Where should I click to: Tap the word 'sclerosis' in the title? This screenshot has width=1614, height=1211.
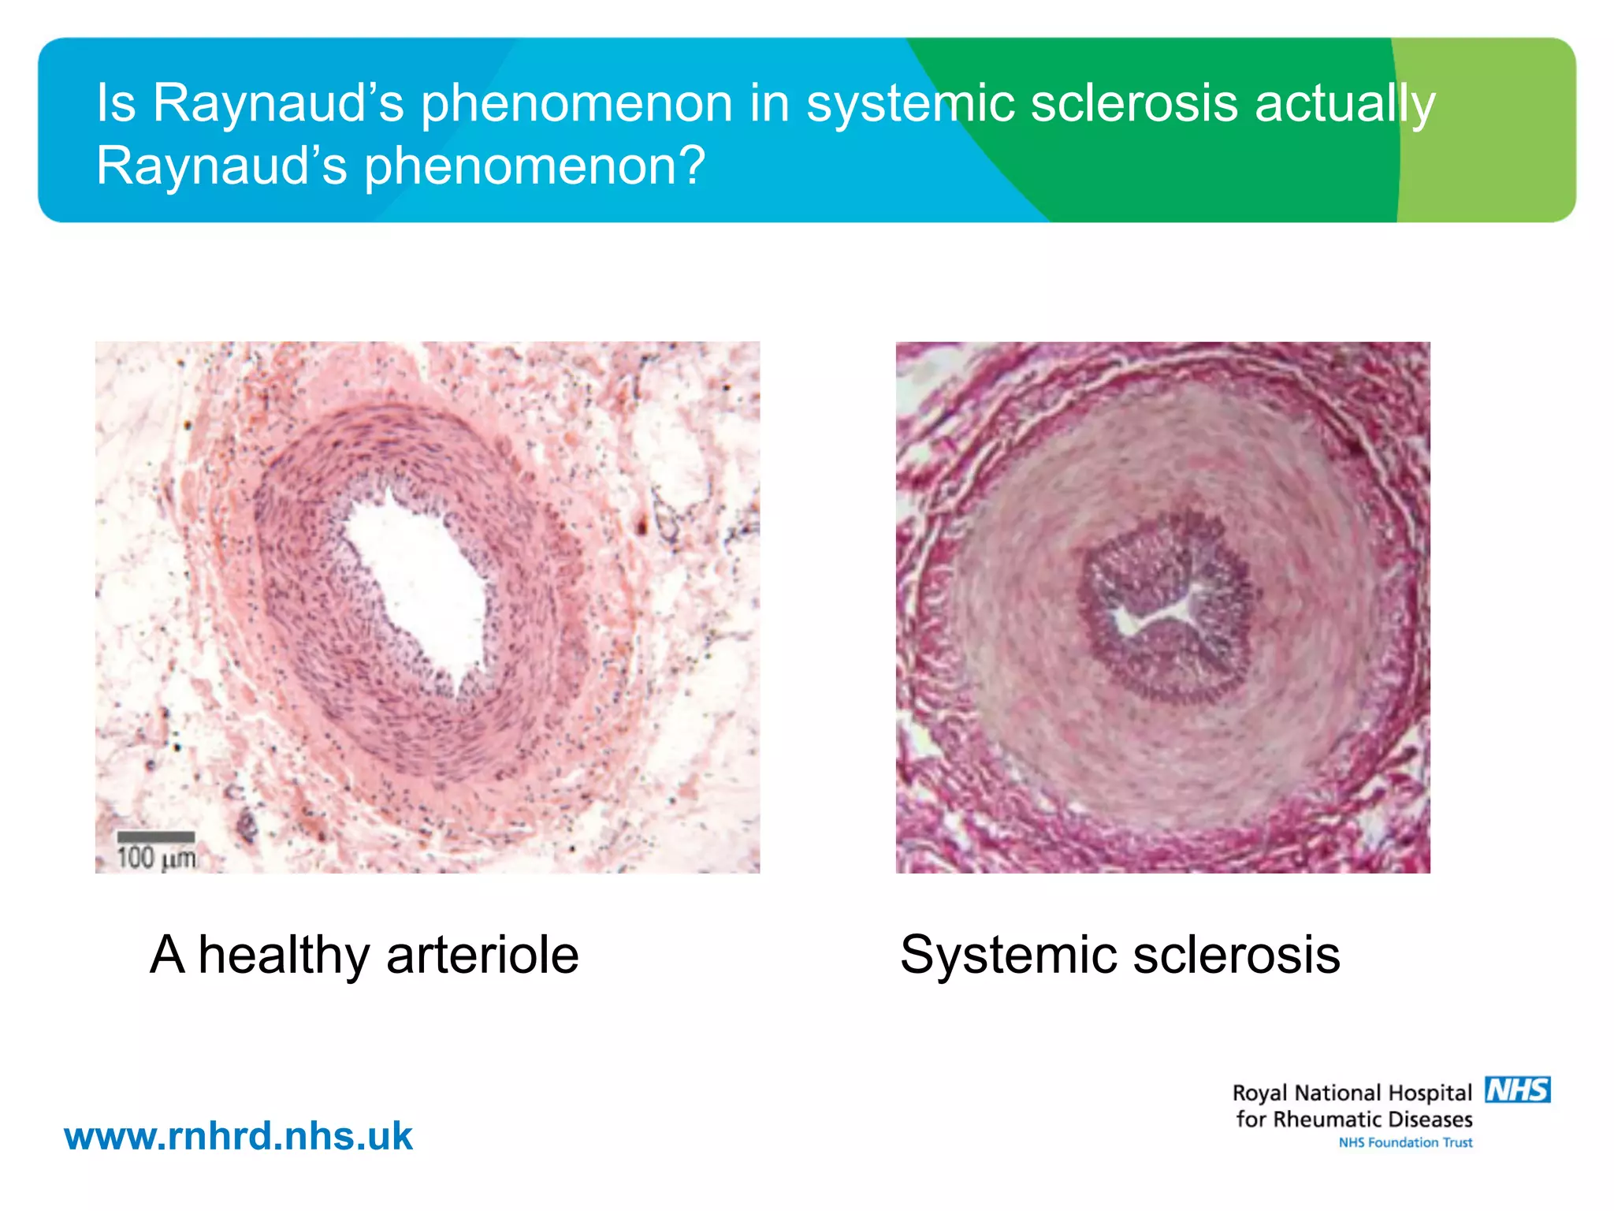tap(1134, 103)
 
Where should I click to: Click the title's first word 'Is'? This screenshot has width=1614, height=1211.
tap(116, 103)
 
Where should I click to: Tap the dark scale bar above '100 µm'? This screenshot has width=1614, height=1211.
tap(156, 837)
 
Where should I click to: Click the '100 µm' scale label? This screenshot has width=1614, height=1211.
tap(156, 858)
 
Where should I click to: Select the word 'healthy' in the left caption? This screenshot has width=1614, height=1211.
tap(284, 956)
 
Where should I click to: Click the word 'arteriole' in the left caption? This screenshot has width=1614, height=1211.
tap(482, 956)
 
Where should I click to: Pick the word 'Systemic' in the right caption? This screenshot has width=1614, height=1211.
tap(1009, 956)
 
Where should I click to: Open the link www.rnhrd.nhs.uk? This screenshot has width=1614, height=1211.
tap(238, 1136)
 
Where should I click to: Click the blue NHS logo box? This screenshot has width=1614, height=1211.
tap(1518, 1090)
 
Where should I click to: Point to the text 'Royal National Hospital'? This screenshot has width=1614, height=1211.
tap(1352, 1093)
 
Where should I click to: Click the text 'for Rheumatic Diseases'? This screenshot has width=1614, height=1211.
tap(1354, 1120)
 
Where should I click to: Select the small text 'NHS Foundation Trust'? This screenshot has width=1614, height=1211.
tap(1405, 1142)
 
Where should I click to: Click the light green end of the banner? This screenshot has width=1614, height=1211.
tap(1489, 130)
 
